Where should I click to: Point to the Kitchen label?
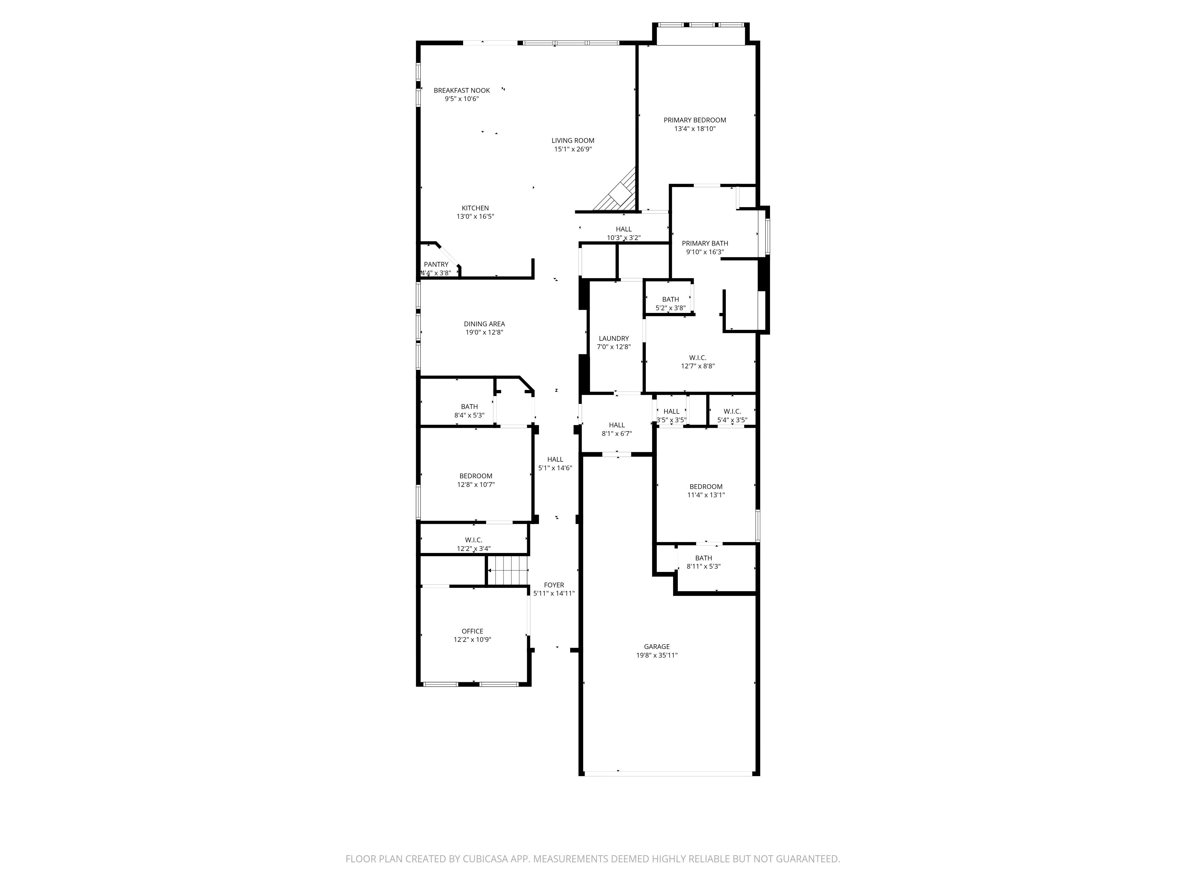coord(475,208)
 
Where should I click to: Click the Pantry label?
coord(436,265)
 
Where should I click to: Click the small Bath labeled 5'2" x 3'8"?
coord(670,300)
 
